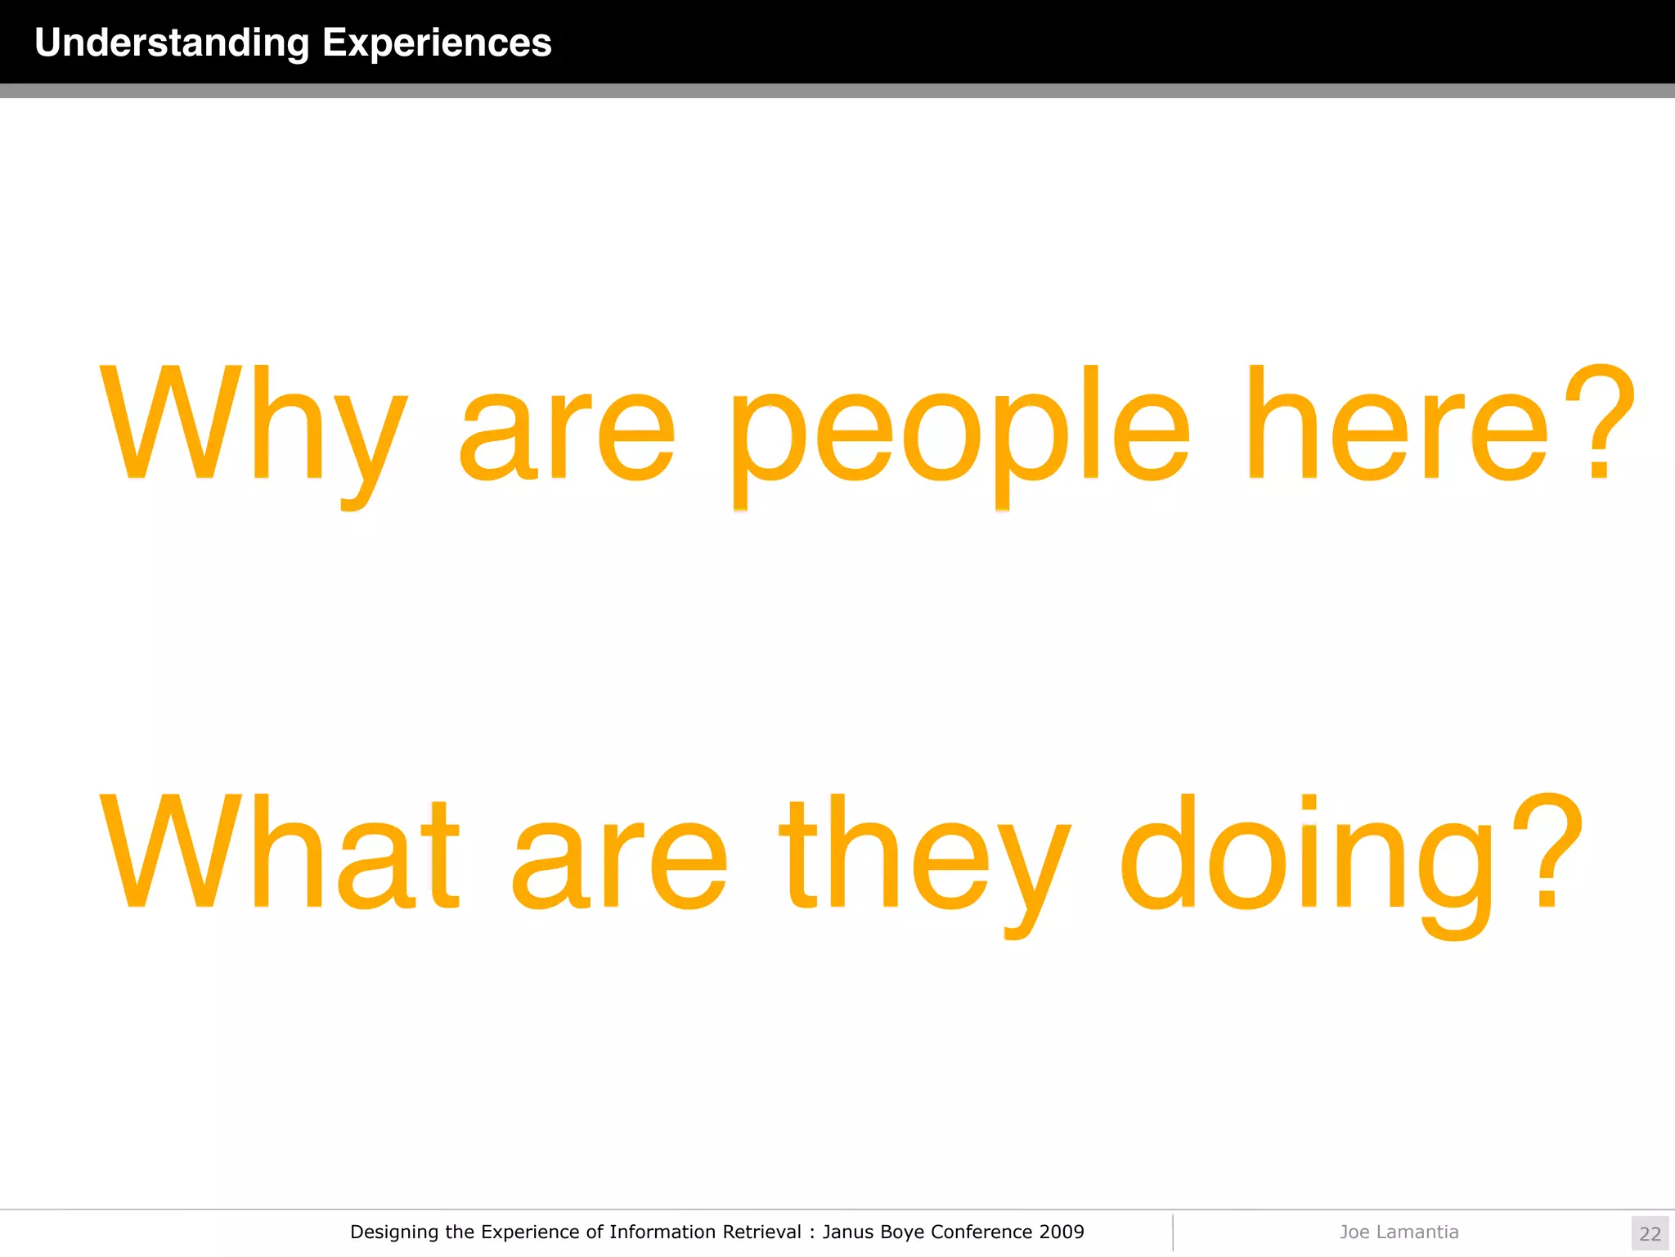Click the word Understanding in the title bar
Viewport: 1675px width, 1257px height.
click(x=172, y=43)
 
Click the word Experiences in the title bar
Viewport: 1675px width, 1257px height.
click(x=437, y=43)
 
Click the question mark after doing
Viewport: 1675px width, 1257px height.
click(x=1547, y=851)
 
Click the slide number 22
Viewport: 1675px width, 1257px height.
click(x=1650, y=1234)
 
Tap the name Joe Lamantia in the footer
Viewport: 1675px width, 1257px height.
click(x=1399, y=1232)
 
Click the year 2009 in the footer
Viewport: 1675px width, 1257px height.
click(x=1061, y=1232)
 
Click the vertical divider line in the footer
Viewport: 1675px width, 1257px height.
click(x=1173, y=1232)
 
